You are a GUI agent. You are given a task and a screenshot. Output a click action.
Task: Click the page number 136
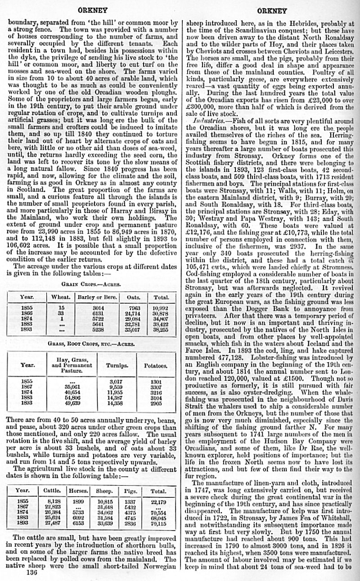(x=32, y=573)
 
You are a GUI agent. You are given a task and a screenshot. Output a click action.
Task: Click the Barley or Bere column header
(x=98, y=297)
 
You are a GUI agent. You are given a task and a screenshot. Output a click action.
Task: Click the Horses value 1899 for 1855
(x=78, y=501)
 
